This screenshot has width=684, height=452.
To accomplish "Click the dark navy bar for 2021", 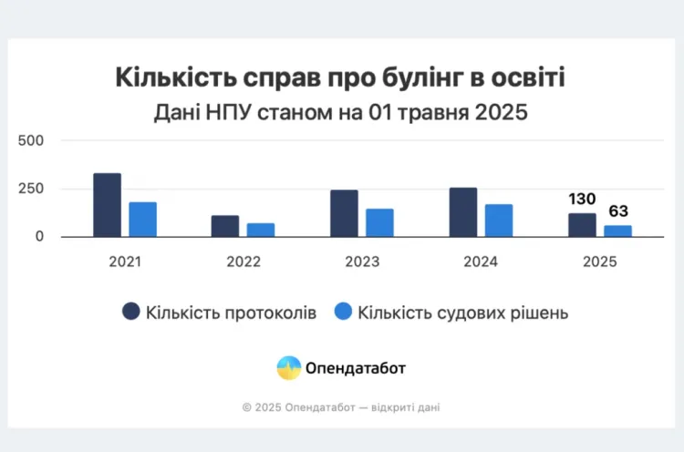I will pyautogui.click(x=107, y=205).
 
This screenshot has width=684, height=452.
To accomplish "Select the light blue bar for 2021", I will pyautogui.click(x=142, y=220).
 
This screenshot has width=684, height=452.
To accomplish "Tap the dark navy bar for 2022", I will pyautogui.click(x=225, y=226).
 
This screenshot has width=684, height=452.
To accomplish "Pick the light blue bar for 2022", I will pyautogui.click(x=261, y=230).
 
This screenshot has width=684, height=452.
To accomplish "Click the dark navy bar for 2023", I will pyautogui.click(x=344, y=213).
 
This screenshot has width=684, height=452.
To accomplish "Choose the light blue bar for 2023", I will pyautogui.click(x=379, y=222).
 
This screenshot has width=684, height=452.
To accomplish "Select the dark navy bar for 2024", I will pyautogui.click(x=462, y=212).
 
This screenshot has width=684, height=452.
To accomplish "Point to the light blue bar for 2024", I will pyautogui.click(x=498, y=221).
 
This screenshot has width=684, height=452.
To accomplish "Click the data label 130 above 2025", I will pyautogui.click(x=582, y=200).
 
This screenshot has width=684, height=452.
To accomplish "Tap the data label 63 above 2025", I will pyautogui.click(x=617, y=211).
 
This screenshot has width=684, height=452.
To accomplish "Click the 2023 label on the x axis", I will pyautogui.click(x=361, y=262).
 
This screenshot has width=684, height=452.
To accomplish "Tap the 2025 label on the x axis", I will pyautogui.click(x=599, y=262).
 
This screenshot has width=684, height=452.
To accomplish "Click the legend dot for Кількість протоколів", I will pyautogui.click(x=131, y=313).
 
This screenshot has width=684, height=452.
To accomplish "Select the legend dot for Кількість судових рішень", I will pyautogui.click(x=343, y=313).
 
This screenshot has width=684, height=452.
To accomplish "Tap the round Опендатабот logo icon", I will pyautogui.click(x=289, y=368).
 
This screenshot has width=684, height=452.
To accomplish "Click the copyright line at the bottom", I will pyautogui.click(x=341, y=407).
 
